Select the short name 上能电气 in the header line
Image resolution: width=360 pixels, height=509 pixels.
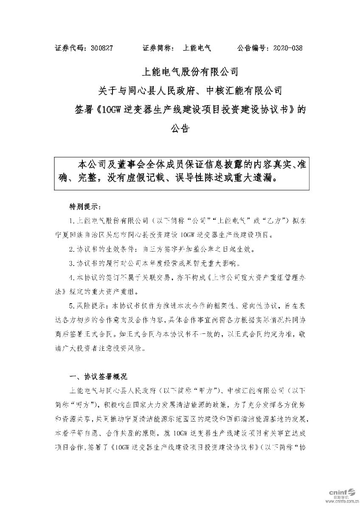point(197,49)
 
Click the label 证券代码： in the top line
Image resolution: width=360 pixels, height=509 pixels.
point(72,49)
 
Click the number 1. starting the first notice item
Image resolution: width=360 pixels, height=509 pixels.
point(72,221)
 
